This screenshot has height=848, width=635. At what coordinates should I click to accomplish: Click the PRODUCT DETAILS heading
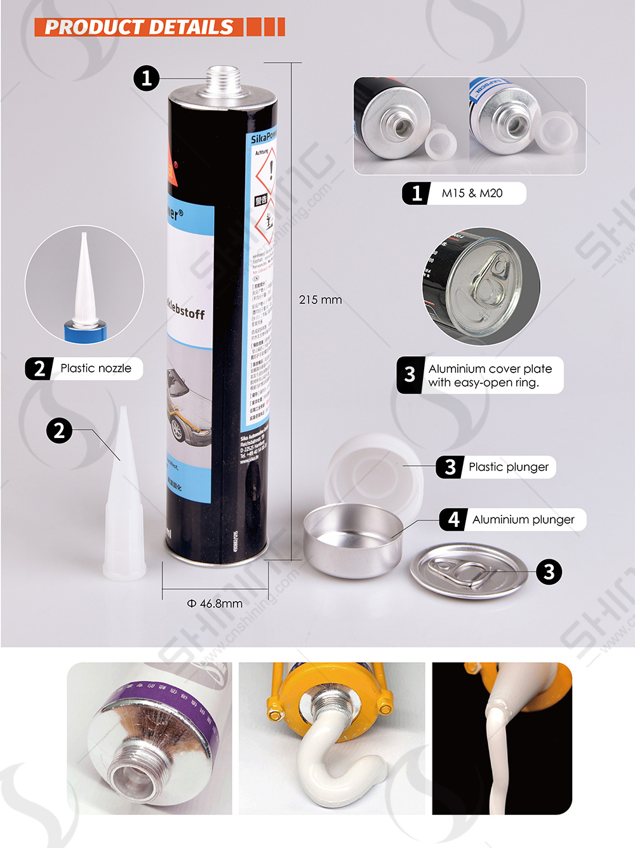(138, 27)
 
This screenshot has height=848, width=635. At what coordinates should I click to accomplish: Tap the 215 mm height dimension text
(320, 300)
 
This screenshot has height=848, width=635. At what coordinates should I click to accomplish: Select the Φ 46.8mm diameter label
(215, 603)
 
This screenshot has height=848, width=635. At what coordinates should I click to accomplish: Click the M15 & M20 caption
(472, 194)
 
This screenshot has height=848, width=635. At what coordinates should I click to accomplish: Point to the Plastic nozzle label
(95, 368)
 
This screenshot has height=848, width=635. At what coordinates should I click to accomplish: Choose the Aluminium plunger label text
(523, 520)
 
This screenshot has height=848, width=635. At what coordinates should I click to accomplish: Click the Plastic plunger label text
(508, 467)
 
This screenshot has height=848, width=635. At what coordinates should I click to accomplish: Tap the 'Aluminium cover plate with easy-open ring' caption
(490, 376)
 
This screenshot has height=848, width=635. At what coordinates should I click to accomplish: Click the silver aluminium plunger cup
(352, 540)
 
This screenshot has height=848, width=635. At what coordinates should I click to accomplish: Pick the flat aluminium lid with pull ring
(468, 572)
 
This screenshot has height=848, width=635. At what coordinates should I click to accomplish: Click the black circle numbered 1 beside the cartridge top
(146, 78)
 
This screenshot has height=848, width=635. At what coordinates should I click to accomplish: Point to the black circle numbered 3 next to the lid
(549, 572)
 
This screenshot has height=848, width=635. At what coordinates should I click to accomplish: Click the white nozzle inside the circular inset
(84, 279)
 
